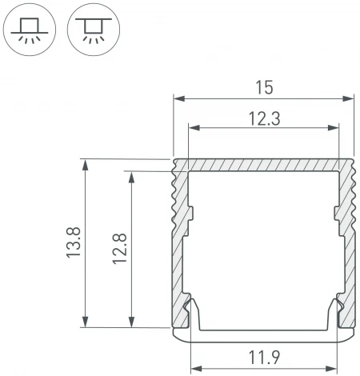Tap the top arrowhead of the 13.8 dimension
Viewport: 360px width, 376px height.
85,162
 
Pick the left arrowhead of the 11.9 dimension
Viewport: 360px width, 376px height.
194,370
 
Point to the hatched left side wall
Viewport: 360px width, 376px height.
179,240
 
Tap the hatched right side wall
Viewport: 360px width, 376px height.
347,240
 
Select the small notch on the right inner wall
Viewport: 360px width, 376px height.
334,214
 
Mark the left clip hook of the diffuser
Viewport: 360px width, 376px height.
192,312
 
